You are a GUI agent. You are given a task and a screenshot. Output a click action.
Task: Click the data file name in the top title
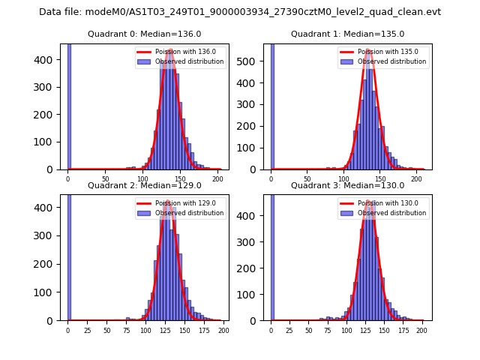240,12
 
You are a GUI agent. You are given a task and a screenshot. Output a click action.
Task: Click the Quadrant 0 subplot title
145,34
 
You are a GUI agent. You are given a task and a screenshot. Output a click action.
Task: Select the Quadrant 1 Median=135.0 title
348,34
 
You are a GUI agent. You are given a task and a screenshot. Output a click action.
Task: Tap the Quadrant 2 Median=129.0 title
145,185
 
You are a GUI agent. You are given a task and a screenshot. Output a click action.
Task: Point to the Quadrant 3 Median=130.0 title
348,185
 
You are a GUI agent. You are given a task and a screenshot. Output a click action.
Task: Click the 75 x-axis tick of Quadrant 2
106,330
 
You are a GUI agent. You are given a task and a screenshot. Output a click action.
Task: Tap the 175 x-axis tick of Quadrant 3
403,330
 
